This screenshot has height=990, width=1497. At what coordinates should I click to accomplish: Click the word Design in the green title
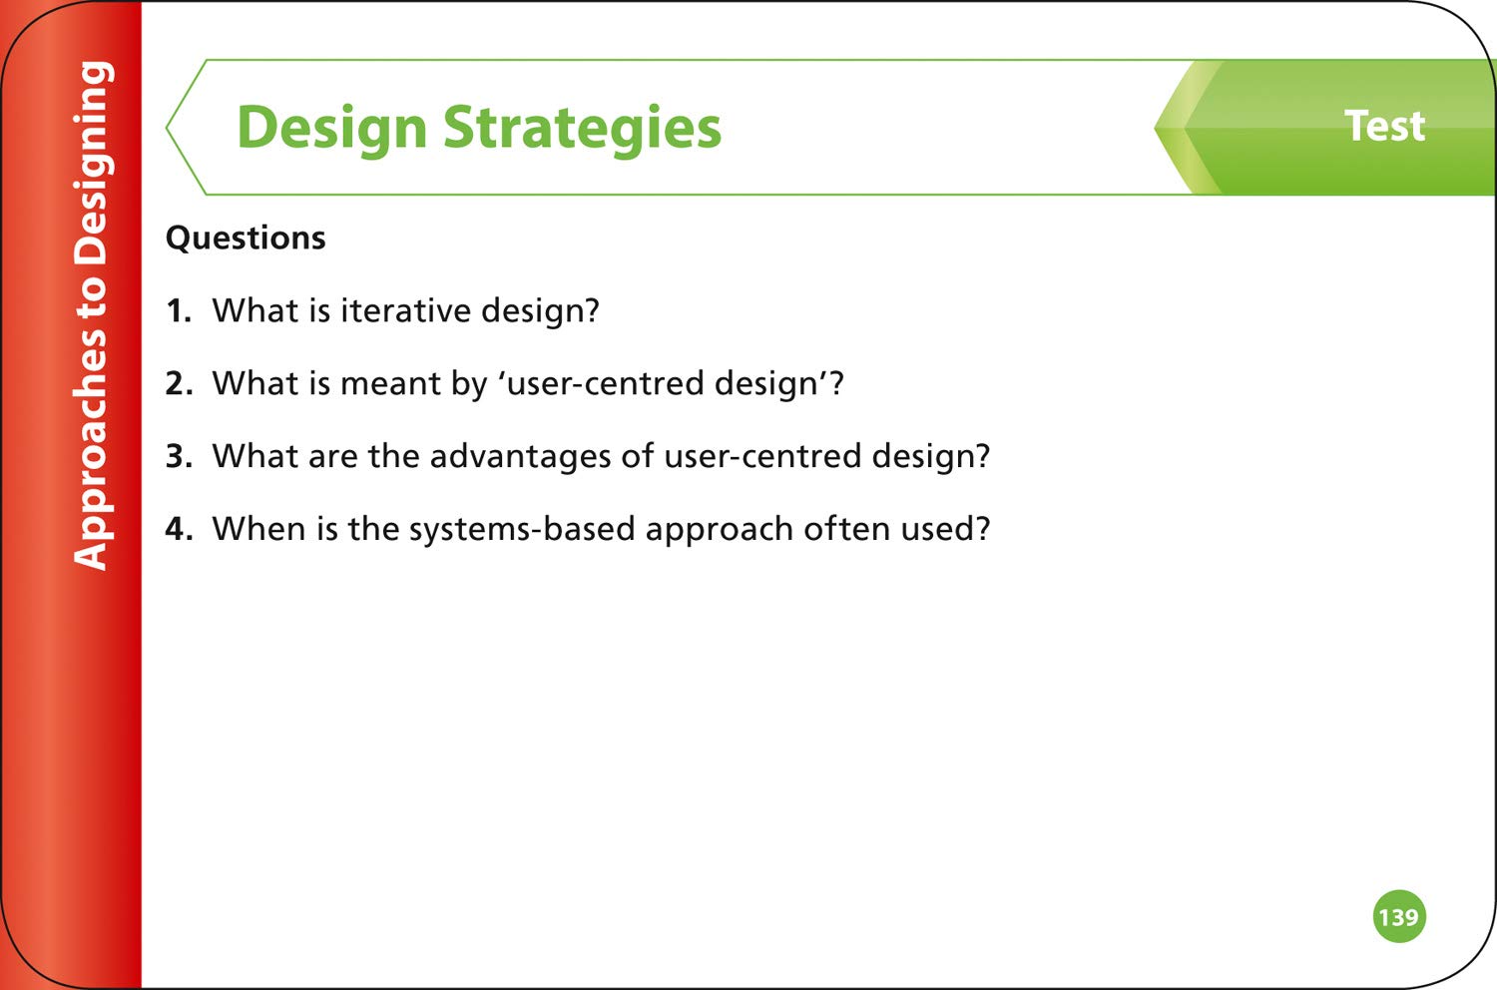point(331,130)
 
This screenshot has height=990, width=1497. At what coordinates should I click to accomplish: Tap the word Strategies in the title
point(583,130)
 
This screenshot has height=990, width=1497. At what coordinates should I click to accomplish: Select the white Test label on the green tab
point(1385,126)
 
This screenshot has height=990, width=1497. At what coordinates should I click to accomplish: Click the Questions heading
point(246,238)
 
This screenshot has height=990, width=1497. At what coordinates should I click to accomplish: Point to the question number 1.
point(179,310)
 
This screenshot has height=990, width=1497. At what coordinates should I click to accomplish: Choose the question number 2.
point(179,383)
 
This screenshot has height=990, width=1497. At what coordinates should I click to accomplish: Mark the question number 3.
point(179,456)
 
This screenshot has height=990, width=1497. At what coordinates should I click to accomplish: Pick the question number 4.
point(179,529)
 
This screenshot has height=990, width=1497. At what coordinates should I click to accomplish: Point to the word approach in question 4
point(720,530)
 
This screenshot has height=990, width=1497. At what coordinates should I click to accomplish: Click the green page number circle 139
point(1399,916)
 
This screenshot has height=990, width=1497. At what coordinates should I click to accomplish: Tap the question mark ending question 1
point(590,310)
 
